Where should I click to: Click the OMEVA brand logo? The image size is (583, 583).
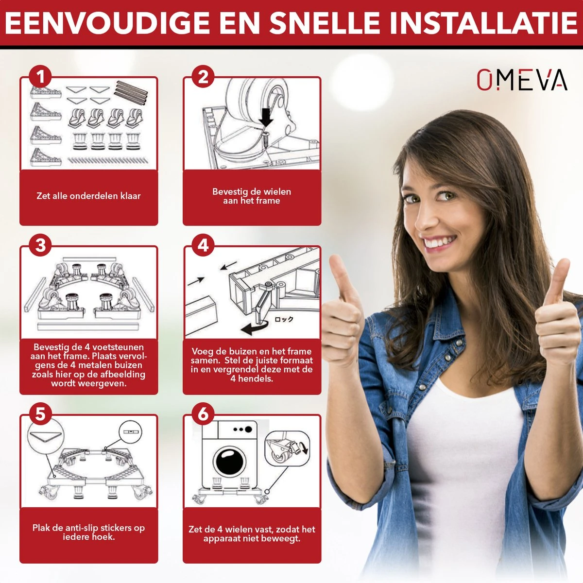point(521,80)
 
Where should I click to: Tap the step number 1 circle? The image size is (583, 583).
point(41,77)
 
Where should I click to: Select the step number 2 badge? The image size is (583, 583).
point(204,77)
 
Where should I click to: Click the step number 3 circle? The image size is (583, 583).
point(41,245)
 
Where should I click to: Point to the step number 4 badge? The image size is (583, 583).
point(204,245)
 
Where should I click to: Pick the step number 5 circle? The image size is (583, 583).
point(41,414)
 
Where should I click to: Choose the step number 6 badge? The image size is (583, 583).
point(204,414)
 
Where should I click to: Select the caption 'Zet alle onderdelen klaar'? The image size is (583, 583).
point(88,196)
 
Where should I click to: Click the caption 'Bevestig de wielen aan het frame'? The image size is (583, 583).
point(252,196)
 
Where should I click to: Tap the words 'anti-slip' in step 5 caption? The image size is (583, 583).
point(80,528)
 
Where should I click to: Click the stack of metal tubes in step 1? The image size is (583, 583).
point(130,92)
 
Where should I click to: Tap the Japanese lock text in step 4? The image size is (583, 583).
point(284,319)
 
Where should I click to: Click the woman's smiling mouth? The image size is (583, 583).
point(440,241)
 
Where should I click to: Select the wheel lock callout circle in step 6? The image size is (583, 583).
point(287,446)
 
